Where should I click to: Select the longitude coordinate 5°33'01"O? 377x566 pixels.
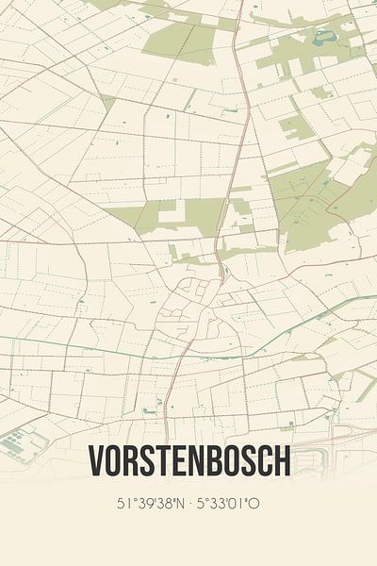click(228, 504)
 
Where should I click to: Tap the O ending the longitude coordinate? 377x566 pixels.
click(255, 504)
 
